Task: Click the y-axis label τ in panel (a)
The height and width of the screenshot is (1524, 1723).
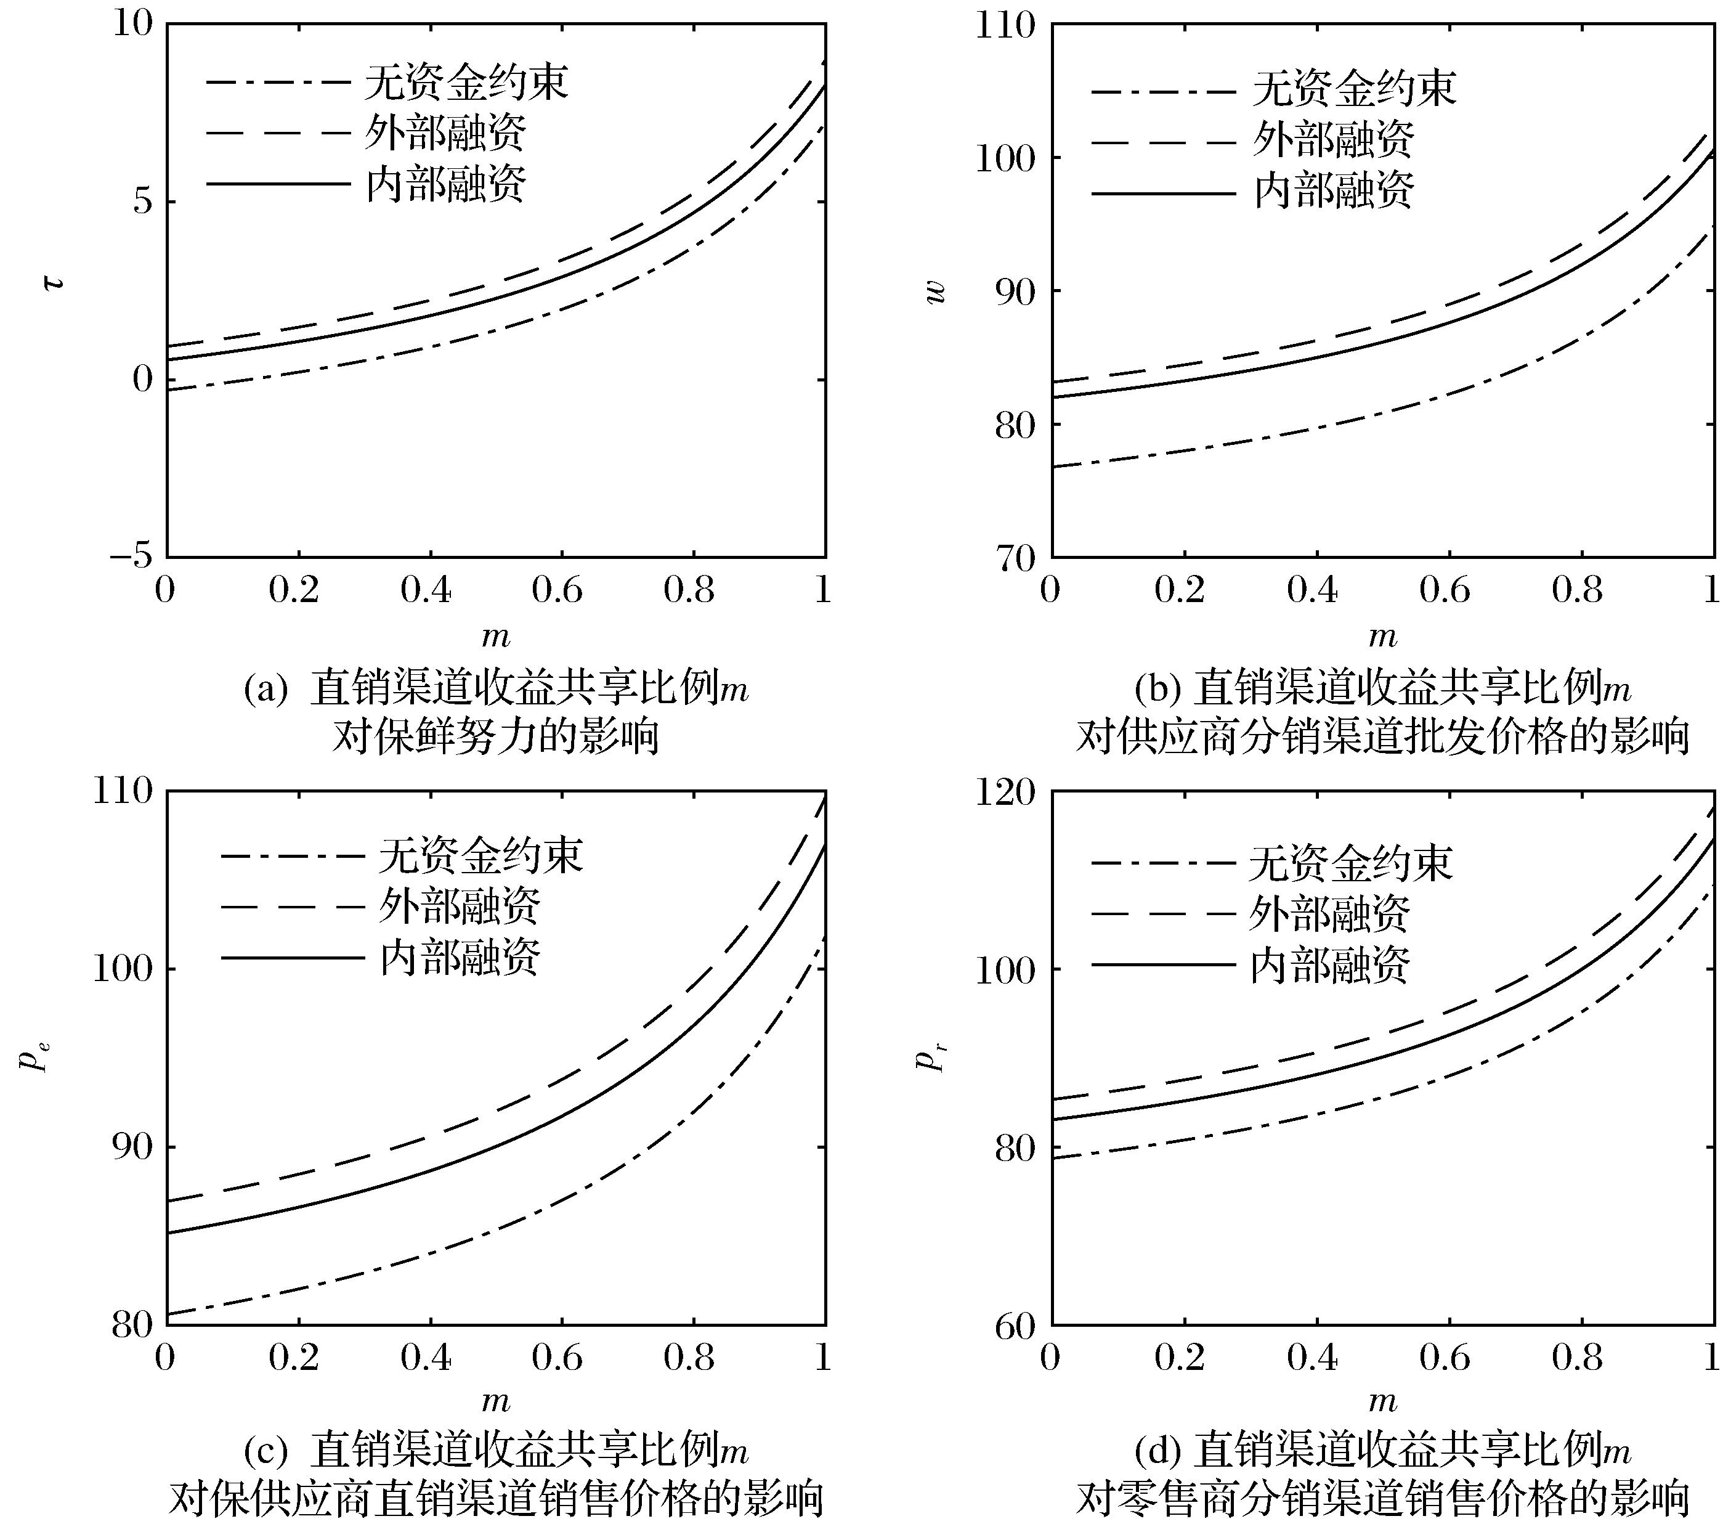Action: click(x=53, y=282)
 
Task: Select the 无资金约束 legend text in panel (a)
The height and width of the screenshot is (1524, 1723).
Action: click(x=466, y=83)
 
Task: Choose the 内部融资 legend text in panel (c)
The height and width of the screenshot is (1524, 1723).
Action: click(x=460, y=957)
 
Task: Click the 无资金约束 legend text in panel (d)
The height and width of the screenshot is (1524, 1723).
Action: click(x=1350, y=863)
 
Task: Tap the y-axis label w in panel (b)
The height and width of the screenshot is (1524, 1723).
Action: click(x=935, y=291)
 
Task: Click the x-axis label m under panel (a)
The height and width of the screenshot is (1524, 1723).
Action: click(x=496, y=637)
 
